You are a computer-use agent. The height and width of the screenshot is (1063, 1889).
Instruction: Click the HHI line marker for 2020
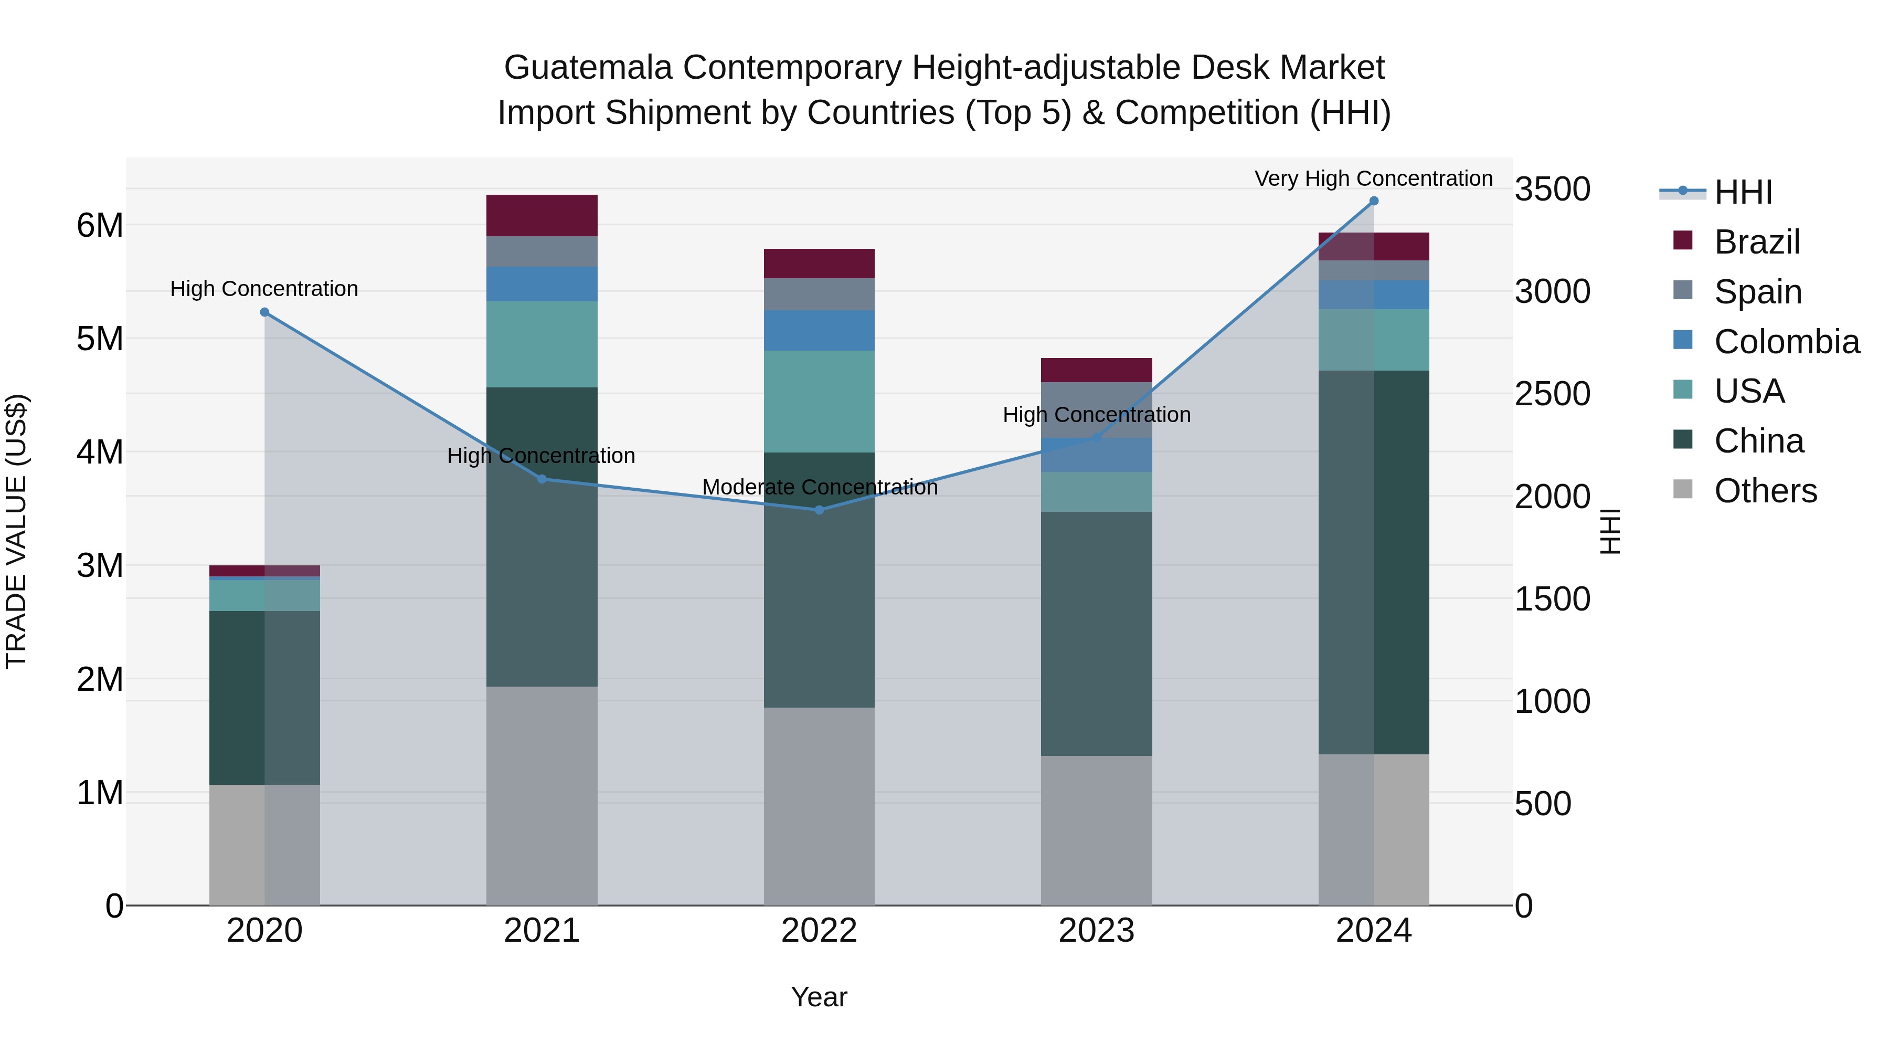click(265, 312)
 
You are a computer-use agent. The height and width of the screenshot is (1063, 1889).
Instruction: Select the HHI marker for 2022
click(819, 510)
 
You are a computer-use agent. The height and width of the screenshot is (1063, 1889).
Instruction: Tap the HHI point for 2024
click(1374, 201)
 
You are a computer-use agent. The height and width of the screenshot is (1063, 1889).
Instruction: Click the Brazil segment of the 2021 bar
click(542, 216)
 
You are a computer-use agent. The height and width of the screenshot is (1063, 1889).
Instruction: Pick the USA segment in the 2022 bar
click(819, 401)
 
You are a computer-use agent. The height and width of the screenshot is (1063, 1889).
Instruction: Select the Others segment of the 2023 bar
click(1096, 830)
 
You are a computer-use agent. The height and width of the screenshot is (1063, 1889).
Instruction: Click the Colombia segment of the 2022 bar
click(819, 330)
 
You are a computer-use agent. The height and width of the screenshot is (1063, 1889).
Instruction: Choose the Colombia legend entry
click(1786, 342)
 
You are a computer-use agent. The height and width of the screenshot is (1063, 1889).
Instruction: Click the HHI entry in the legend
click(1742, 192)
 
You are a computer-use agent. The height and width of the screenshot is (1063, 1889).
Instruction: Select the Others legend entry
click(1764, 491)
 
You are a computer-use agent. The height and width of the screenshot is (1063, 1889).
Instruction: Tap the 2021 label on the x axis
click(542, 931)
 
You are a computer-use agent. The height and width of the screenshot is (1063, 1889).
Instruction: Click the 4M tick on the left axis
click(100, 452)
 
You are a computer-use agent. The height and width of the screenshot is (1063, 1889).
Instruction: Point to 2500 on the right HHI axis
click(1552, 394)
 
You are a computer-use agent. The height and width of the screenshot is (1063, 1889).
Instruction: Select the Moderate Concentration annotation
click(819, 487)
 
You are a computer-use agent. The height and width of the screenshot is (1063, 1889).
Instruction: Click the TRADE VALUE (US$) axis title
click(16, 531)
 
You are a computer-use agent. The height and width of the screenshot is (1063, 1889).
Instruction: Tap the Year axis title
click(819, 997)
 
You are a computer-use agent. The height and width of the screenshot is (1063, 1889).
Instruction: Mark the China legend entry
click(1758, 441)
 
